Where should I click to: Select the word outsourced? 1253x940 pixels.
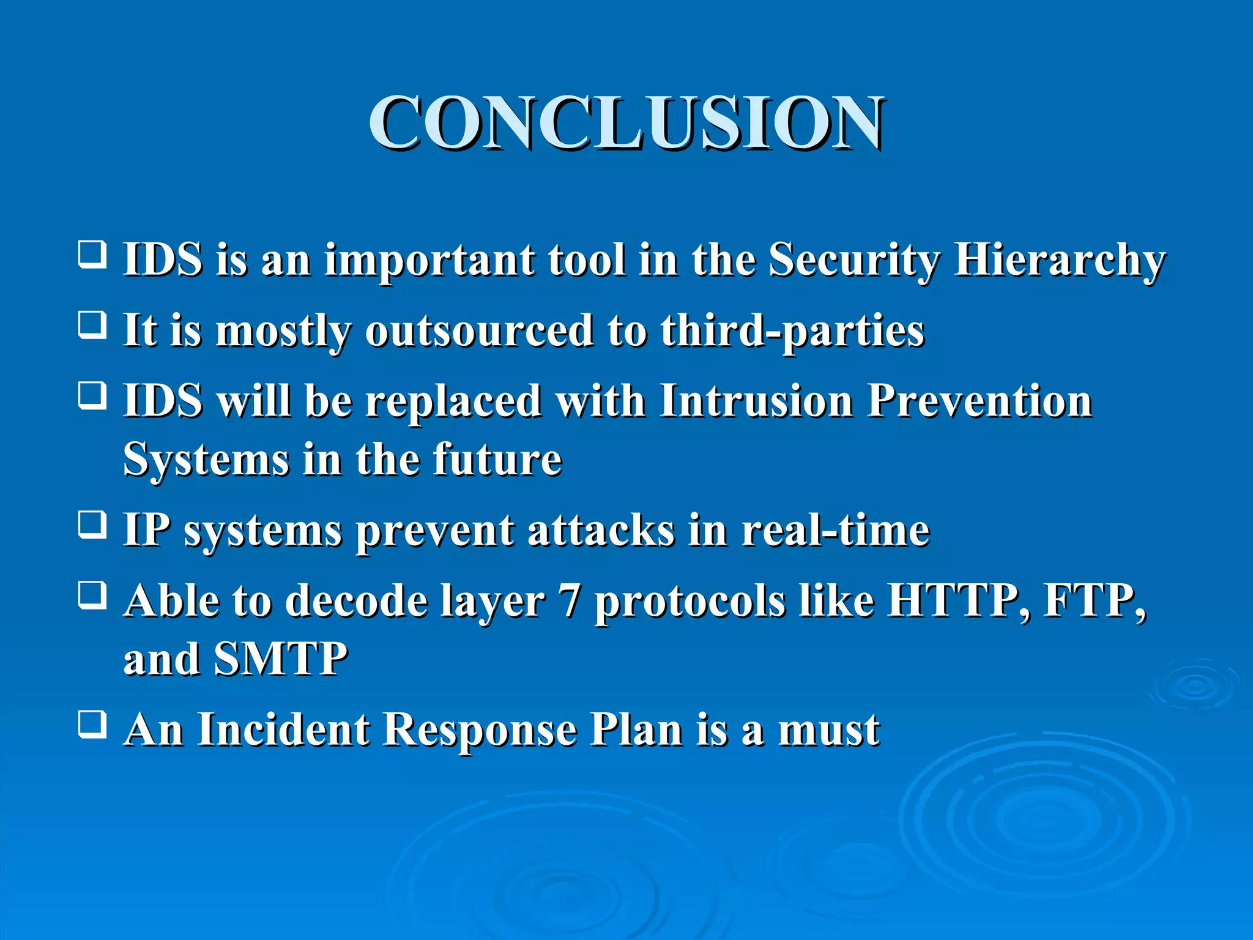pyautogui.click(x=479, y=331)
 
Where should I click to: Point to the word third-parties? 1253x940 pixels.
pyautogui.click(x=792, y=331)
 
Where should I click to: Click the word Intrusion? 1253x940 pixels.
pyautogui.click(x=756, y=401)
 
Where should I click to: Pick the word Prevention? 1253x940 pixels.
pyautogui.click(x=980, y=401)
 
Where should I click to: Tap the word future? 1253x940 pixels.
pyautogui.click(x=497, y=460)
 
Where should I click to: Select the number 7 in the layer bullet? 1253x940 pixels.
pyautogui.click(x=570, y=602)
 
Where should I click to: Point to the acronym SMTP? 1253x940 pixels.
pyautogui.click(x=281, y=659)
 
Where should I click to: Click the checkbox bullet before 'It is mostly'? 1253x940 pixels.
pyautogui.click(x=92, y=325)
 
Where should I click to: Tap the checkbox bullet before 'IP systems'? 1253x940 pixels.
pyautogui.click(x=92, y=524)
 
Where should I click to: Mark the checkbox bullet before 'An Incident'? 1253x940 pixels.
pyautogui.click(x=92, y=724)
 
